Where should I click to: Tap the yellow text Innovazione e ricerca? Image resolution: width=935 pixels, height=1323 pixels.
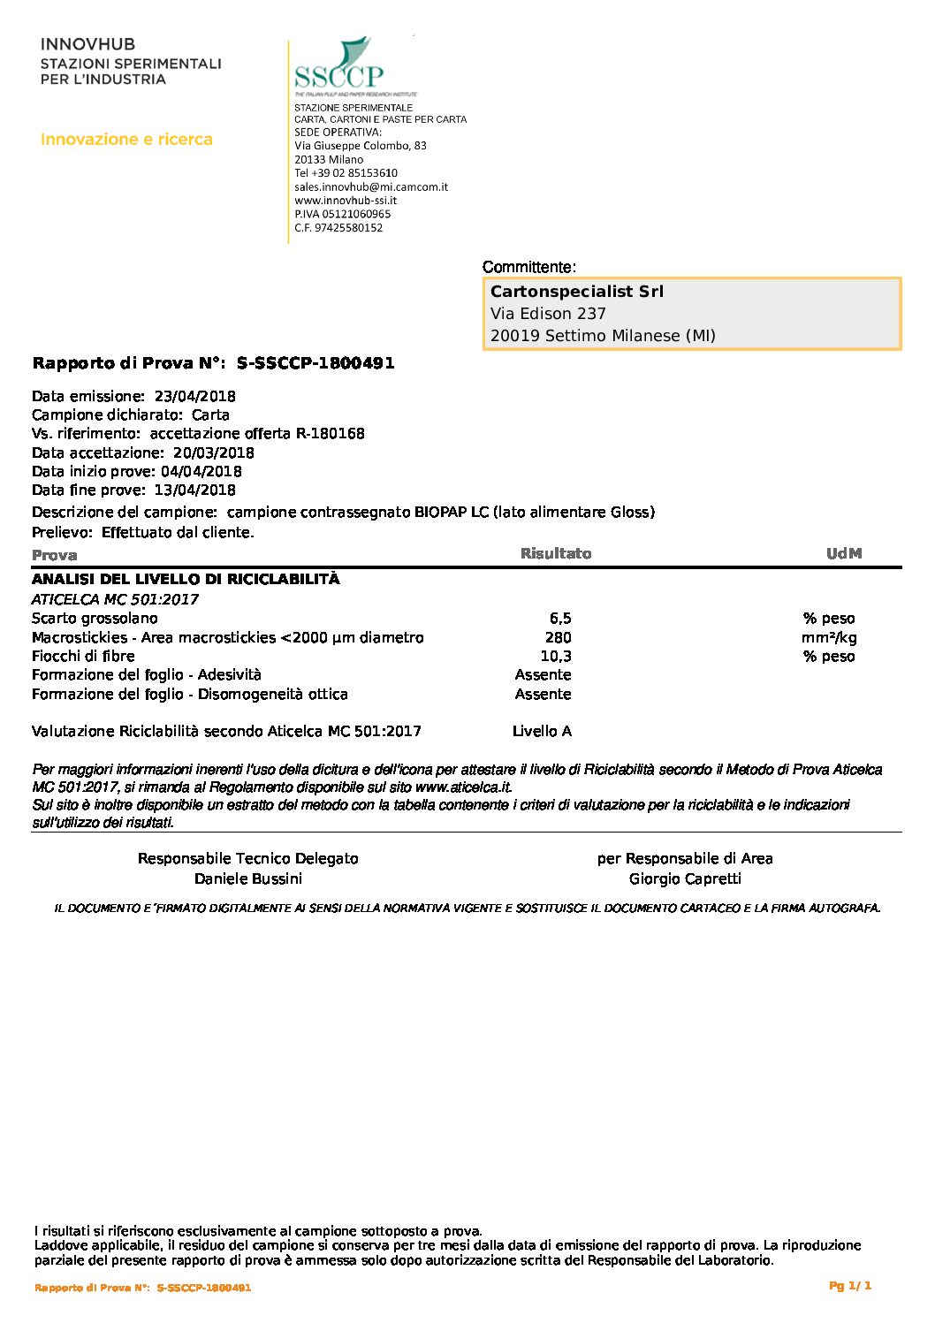[x=126, y=140]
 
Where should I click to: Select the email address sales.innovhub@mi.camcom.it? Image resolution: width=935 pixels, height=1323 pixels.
[x=371, y=187]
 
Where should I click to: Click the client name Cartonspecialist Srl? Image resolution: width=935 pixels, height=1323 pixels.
[x=576, y=292]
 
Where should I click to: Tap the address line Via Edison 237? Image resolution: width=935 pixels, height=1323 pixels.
[x=548, y=314]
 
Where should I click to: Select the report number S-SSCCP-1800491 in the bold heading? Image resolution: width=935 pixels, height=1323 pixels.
[x=315, y=363]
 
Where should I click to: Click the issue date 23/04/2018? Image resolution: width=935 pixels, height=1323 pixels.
[x=194, y=396]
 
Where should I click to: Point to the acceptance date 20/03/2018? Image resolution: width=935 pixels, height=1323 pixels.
[x=213, y=452]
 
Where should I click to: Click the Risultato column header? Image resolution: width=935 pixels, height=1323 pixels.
[x=556, y=554]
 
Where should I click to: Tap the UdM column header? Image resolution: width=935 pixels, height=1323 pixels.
[x=844, y=554]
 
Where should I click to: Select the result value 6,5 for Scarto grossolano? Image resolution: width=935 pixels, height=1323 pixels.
[x=560, y=619]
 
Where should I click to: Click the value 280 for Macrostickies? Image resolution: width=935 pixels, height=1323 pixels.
[x=559, y=638]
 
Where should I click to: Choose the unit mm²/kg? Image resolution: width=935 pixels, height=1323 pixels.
[x=829, y=638]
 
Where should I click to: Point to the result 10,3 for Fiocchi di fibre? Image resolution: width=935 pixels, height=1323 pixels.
[x=556, y=657]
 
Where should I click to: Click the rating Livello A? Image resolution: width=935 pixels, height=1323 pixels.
[x=542, y=732]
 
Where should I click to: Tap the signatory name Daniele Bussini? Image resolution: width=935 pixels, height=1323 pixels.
[x=248, y=879]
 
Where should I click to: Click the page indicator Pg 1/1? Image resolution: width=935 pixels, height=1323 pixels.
[x=850, y=1286]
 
